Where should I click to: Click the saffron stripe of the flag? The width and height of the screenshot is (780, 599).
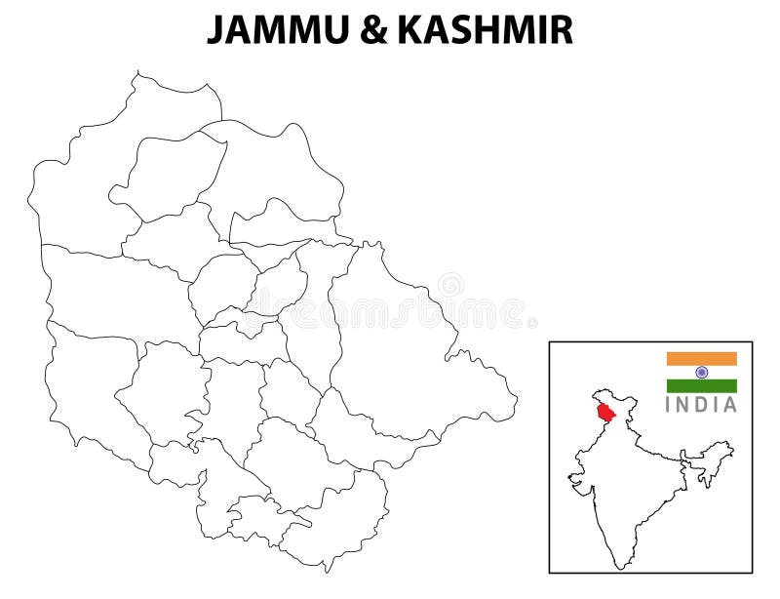701,358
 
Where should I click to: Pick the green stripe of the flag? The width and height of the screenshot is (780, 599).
701,385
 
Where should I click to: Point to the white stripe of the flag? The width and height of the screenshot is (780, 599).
682,372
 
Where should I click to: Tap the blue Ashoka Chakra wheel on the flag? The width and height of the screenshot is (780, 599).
701,372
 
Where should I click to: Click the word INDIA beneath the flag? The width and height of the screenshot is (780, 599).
701,405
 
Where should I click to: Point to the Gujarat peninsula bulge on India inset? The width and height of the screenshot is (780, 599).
577,482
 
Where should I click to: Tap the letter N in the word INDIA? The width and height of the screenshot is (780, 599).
685,405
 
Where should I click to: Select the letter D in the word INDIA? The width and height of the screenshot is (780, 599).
703,405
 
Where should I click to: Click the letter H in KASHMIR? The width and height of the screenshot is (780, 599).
496,30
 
